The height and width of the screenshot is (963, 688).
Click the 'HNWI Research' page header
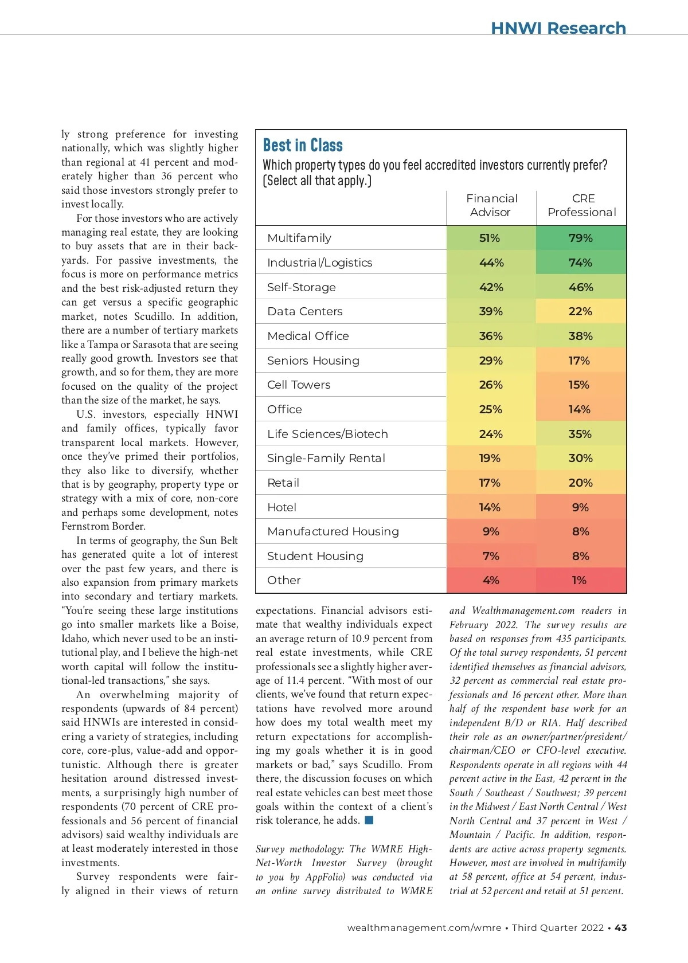click(558, 28)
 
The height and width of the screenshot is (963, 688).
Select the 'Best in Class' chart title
click(303, 145)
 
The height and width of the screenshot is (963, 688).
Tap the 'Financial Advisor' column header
click(491, 205)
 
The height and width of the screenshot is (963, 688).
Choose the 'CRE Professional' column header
click(582, 205)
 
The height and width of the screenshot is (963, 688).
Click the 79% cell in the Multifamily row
click(581, 238)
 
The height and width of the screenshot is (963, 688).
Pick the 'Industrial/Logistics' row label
click(319, 263)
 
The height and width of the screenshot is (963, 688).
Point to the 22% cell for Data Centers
click(580, 311)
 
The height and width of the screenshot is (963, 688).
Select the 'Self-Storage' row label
click(301, 287)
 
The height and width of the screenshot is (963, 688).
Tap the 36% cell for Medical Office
click(491, 336)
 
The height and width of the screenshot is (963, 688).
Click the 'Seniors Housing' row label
click(313, 361)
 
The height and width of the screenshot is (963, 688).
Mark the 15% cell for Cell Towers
click(579, 385)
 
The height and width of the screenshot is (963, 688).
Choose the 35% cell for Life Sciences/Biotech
click(580, 434)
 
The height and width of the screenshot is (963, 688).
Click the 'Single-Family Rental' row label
click(326, 458)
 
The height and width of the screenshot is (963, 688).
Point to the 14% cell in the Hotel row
click(490, 507)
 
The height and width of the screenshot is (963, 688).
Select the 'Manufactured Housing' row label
click(333, 531)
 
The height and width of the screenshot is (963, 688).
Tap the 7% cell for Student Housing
click(491, 556)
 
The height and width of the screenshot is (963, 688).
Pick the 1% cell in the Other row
click(579, 580)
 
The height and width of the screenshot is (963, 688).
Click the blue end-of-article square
click(369, 820)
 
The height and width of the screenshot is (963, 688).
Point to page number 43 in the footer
click(620, 927)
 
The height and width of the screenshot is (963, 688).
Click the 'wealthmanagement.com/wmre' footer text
click(424, 927)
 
